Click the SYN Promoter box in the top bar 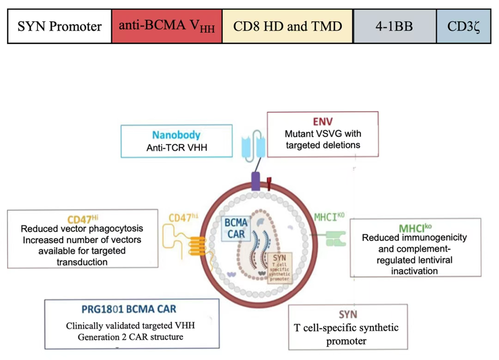click(59, 26)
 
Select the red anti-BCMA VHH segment click(167, 26)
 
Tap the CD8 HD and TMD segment click(287, 26)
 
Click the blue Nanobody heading click(176, 135)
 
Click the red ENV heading click(322, 122)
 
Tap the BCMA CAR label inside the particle click(236, 229)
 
